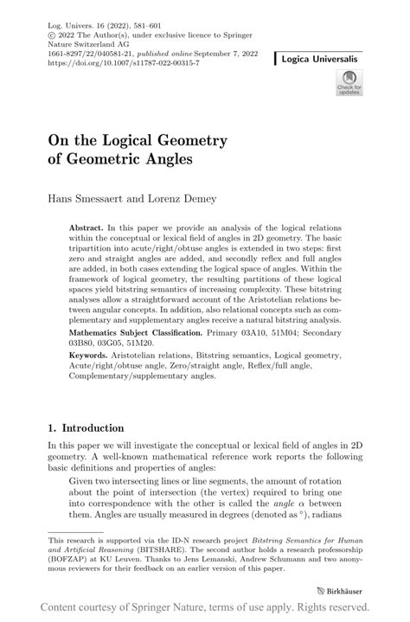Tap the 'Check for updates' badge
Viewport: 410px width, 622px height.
point(349,82)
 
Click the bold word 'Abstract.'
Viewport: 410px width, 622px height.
point(86,224)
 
